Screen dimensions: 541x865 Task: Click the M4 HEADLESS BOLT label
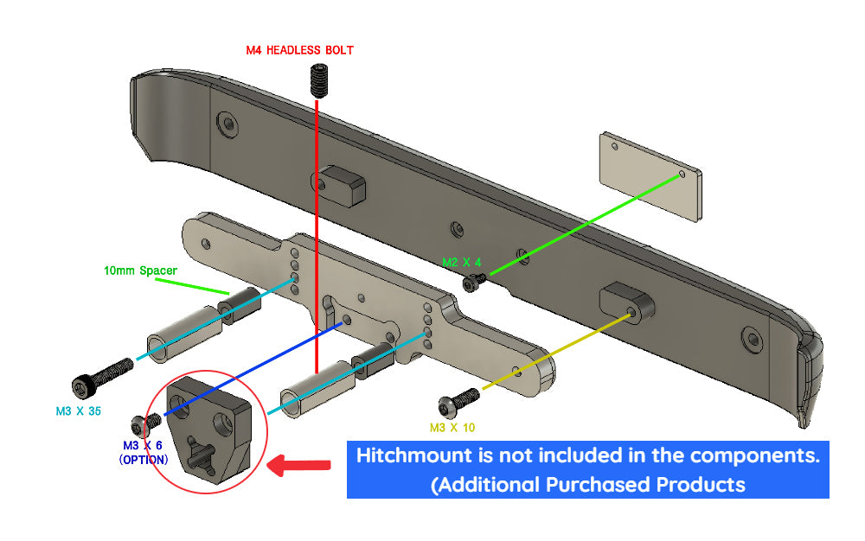click(299, 50)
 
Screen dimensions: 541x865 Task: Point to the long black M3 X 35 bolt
click(99, 377)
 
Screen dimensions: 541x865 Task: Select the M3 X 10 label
click(452, 427)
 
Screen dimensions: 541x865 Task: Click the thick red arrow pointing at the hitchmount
click(299, 467)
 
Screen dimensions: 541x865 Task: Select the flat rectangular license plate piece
click(650, 176)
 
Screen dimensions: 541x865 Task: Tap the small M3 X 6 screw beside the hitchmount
click(142, 424)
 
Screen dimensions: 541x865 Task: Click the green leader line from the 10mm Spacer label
click(186, 283)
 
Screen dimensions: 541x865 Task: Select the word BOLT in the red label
click(339, 50)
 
